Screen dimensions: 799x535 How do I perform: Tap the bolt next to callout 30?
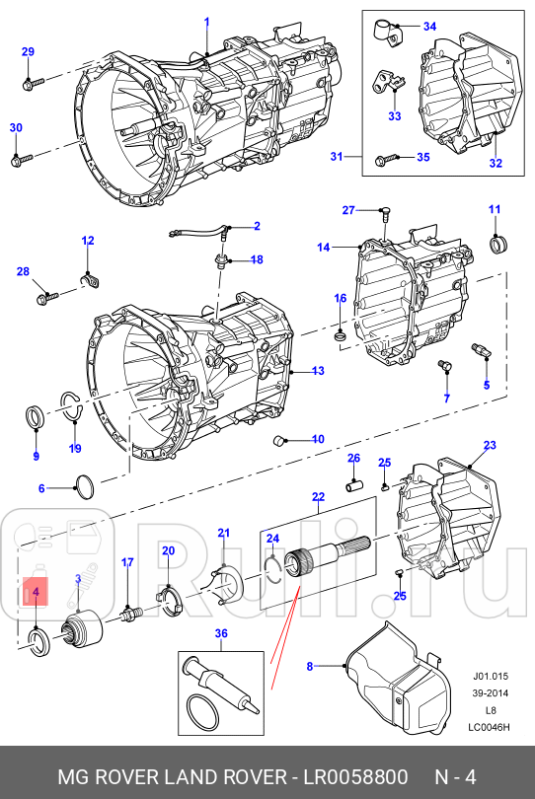click(x=22, y=157)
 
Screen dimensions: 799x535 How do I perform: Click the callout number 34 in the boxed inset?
click(x=428, y=26)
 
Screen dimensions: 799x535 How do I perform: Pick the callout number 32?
click(x=496, y=164)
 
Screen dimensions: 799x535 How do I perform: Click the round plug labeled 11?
click(x=498, y=243)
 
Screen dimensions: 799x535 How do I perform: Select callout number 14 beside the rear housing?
click(x=323, y=248)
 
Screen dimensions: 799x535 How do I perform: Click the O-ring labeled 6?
click(x=86, y=484)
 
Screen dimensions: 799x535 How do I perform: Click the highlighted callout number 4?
click(x=36, y=592)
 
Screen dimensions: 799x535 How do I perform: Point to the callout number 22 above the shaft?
click(x=318, y=496)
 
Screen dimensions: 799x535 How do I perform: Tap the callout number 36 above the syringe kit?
click(x=221, y=633)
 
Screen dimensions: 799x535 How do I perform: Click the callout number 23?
click(x=490, y=445)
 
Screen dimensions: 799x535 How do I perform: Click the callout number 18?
click(x=256, y=259)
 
